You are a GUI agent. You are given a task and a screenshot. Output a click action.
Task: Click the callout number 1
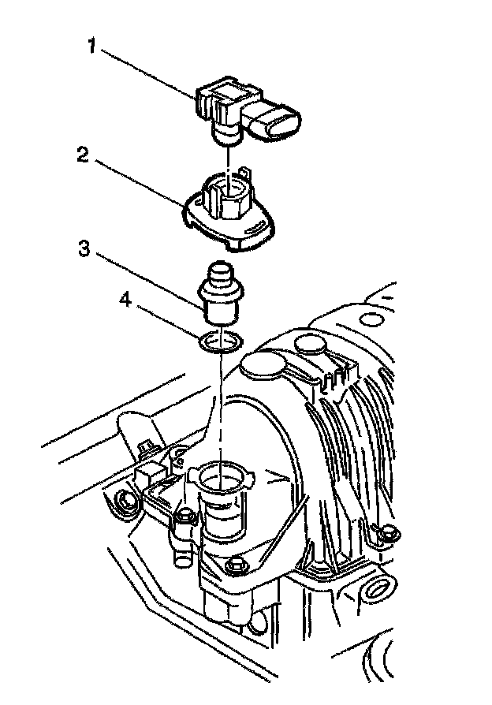point(91,47)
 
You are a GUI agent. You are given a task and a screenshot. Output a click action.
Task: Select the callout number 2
point(82,155)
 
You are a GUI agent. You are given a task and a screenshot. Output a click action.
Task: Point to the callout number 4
point(124,300)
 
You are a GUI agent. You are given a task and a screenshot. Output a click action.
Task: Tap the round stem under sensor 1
point(227,136)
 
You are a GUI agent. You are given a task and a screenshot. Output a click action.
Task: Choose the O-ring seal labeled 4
point(221,341)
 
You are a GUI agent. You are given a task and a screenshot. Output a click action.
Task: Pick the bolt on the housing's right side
point(385,534)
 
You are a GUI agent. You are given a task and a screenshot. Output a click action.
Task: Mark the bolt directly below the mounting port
point(233,567)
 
